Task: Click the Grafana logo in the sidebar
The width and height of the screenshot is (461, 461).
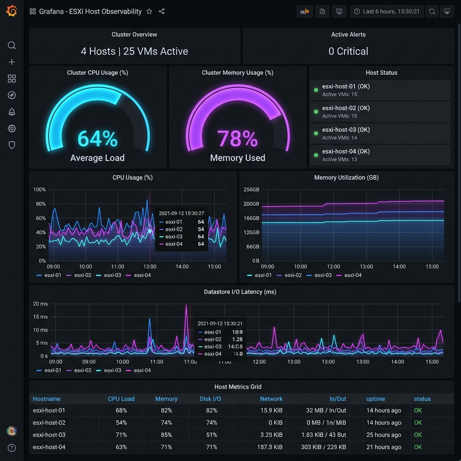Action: click(x=12, y=11)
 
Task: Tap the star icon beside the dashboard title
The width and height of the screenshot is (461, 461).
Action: click(x=149, y=12)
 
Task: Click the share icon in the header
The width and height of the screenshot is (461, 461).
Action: click(x=162, y=12)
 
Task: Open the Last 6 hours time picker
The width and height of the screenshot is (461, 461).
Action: click(x=387, y=12)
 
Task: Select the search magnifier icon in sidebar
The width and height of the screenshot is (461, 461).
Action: click(x=12, y=45)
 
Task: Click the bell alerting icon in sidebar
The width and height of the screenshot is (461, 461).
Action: click(x=12, y=112)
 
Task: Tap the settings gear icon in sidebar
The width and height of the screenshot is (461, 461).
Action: click(x=12, y=129)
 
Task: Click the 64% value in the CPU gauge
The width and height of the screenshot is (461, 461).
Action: click(x=97, y=139)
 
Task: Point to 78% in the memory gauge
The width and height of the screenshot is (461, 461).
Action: click(x=237, y=139)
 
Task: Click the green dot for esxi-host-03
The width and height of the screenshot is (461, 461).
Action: click(x=316, y=133)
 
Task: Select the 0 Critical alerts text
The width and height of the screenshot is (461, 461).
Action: click(x=348, y=51)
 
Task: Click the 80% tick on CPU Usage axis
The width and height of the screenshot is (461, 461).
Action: click(x=40, y=204)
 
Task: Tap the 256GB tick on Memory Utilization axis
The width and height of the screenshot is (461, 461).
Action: click(x=251, y=190)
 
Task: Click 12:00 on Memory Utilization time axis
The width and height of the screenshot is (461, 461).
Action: click(x=333, y=267)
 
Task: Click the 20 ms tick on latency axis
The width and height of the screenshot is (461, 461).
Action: click(x=40, y=304)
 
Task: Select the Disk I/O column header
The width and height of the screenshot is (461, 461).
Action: click(x=210, y=399)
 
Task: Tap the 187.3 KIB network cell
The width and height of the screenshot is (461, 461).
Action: click(x=271, y=447)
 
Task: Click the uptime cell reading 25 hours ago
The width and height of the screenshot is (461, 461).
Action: click(x=384, y=435)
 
